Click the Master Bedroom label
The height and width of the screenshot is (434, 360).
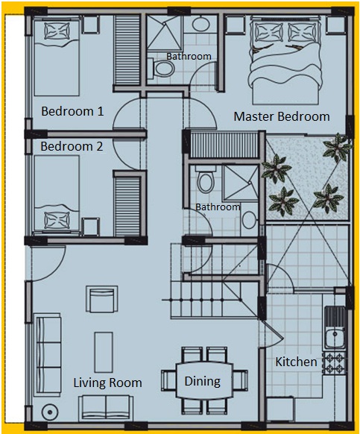282,116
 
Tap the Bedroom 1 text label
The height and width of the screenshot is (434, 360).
72,111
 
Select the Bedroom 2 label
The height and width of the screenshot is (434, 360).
72,146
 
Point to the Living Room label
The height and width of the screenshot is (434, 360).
107,383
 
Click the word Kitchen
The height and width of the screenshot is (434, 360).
296,362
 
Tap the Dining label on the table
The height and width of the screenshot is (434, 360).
203,381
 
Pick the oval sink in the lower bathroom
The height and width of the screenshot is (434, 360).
250,220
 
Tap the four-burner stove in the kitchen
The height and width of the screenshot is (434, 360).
334,363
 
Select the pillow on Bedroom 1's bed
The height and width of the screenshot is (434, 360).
57,31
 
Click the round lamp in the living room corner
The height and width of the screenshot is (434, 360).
50,412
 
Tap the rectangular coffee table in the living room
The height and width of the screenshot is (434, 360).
104,353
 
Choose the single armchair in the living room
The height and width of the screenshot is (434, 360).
102,300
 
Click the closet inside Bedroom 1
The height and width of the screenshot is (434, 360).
127,50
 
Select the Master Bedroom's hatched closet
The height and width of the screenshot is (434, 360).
224,145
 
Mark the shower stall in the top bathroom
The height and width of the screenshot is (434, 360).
164,33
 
